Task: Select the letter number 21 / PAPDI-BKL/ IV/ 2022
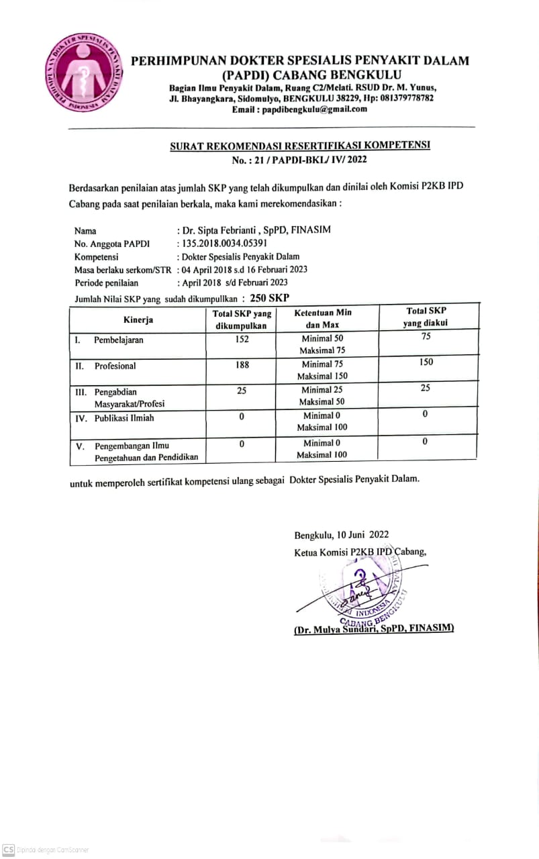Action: tap(299, 160)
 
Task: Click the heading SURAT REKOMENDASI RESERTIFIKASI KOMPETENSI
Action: tap(299, 146)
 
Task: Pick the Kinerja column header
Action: tap(138, 320)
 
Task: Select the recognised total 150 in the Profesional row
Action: tap(426, 362)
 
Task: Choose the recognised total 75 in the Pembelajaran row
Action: tap(426, 337)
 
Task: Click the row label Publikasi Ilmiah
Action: tap(124, 418)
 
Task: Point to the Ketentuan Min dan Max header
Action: tap(323, 319)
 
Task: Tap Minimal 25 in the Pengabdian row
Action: tap(322, 390)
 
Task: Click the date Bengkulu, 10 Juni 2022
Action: tap(341, 535)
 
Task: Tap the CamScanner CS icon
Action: tap(9, 849)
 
